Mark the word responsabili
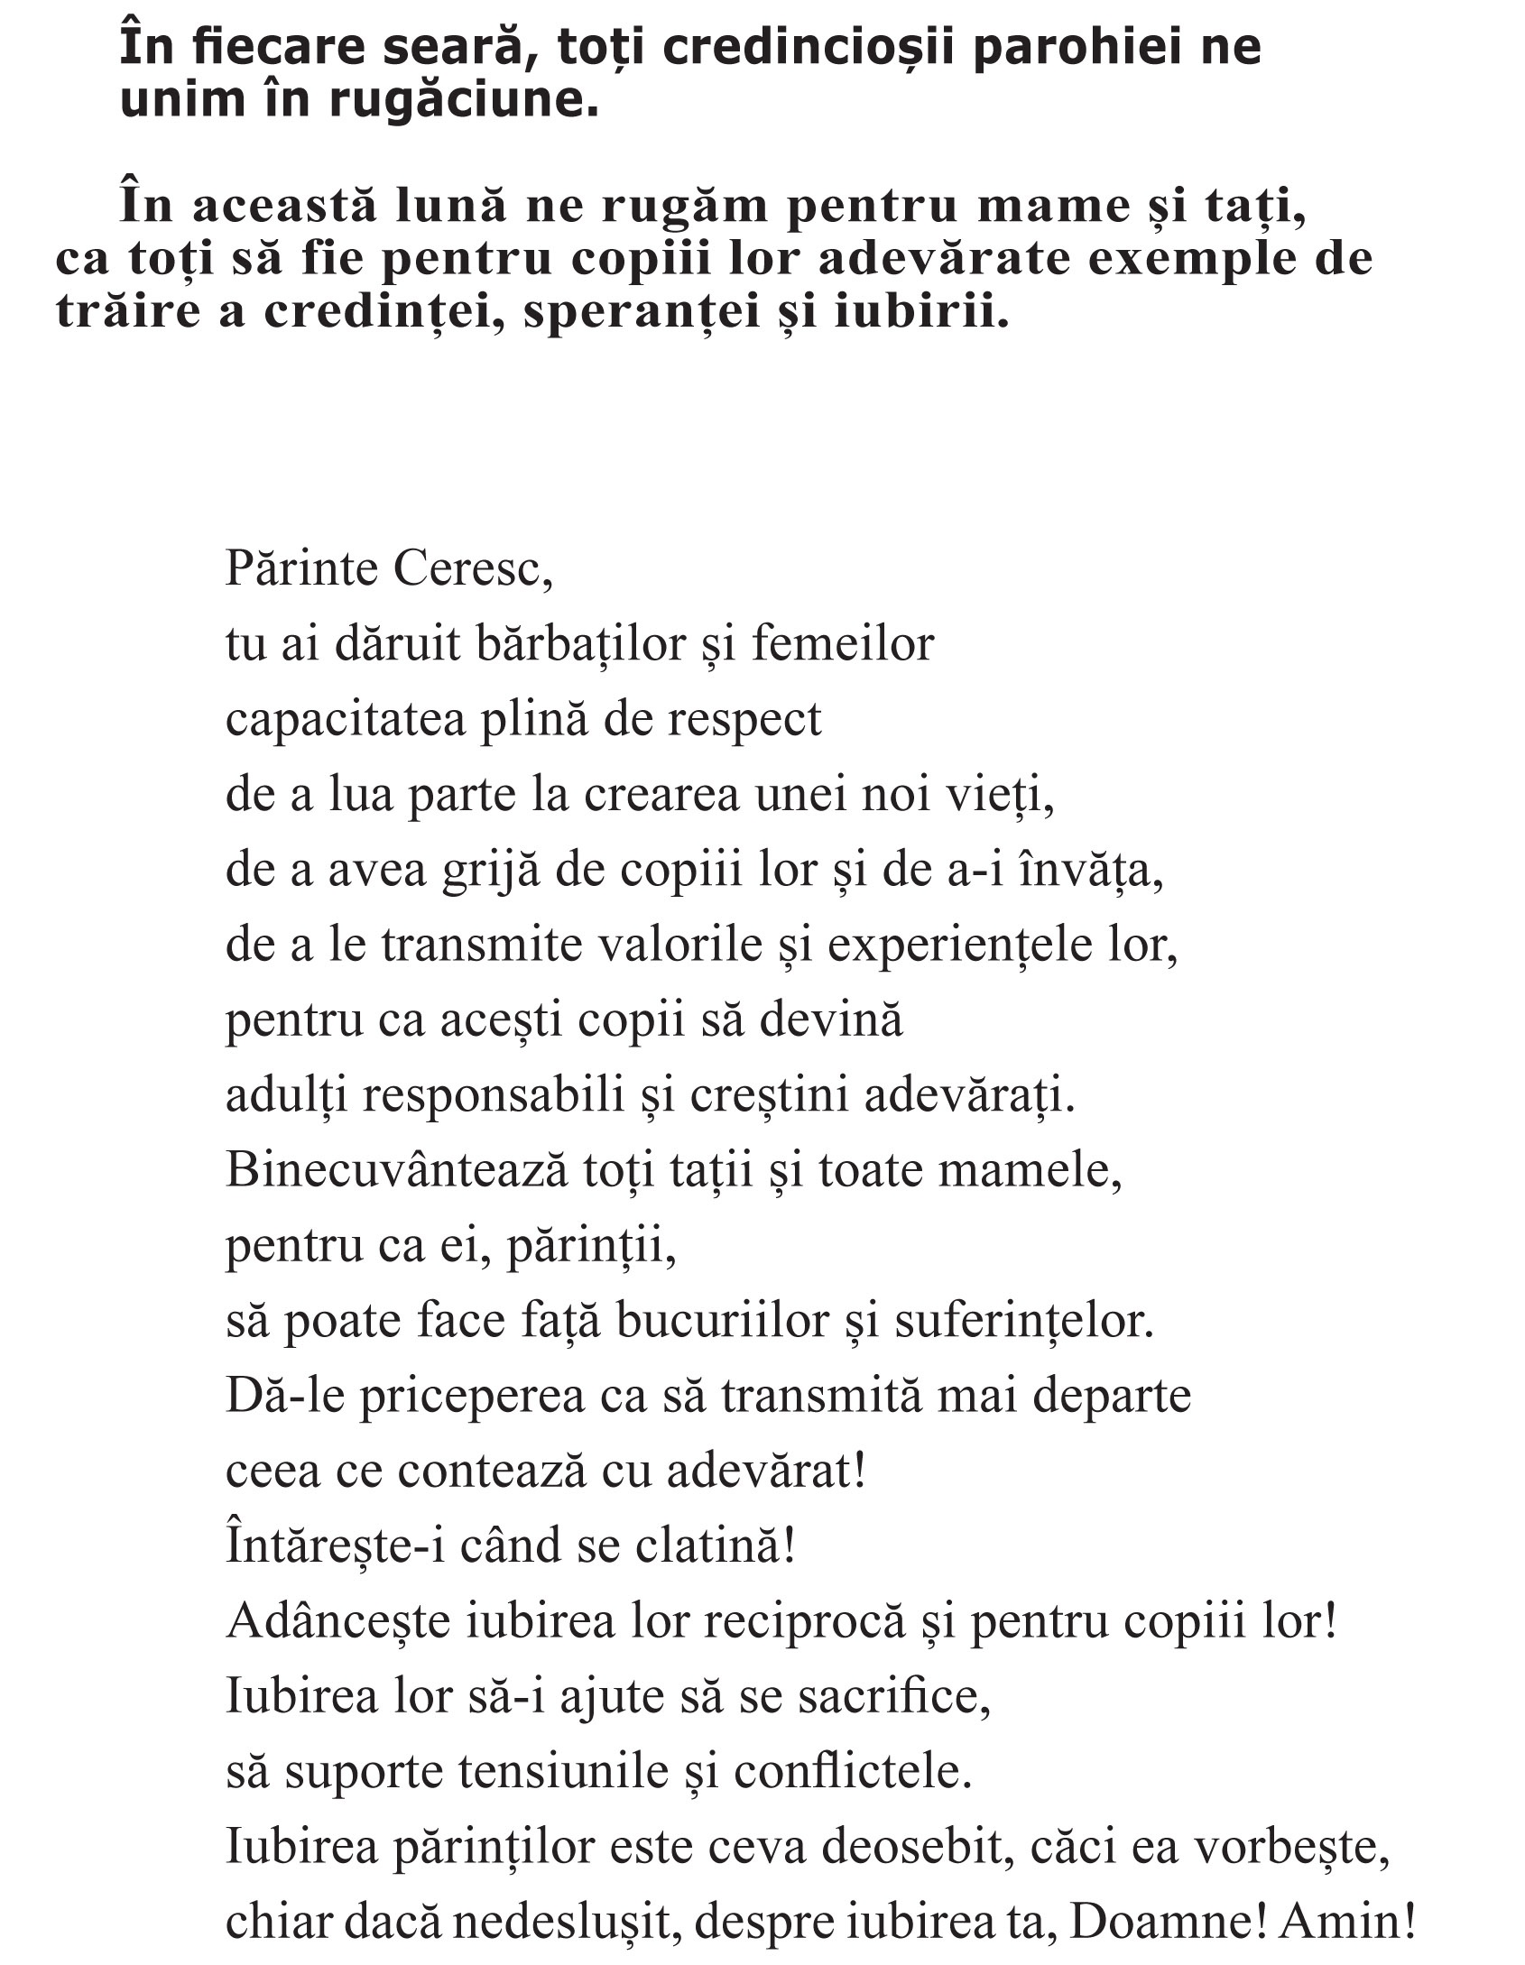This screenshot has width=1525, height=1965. click(493, 1096)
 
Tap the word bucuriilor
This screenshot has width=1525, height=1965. click(722, 1322)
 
